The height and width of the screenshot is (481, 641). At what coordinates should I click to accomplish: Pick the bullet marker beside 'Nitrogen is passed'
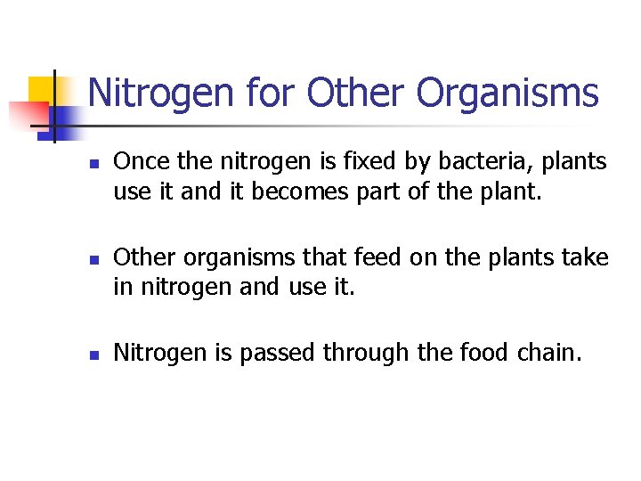(x=93, y=355)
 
